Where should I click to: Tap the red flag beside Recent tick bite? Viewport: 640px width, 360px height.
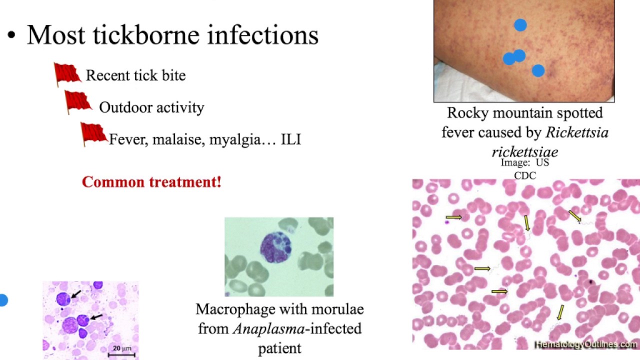[67, 74]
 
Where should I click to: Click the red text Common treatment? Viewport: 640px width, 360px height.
[151, 182]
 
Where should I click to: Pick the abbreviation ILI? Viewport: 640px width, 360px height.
[291, 139]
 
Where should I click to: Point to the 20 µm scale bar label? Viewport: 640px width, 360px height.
[121, 348]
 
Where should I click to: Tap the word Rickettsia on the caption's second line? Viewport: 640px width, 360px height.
[576, 133]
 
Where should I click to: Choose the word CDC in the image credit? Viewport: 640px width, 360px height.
[524, 175]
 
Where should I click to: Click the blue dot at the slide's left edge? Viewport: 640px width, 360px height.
[3, 300]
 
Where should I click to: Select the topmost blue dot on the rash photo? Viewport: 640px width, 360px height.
[520, 25]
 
